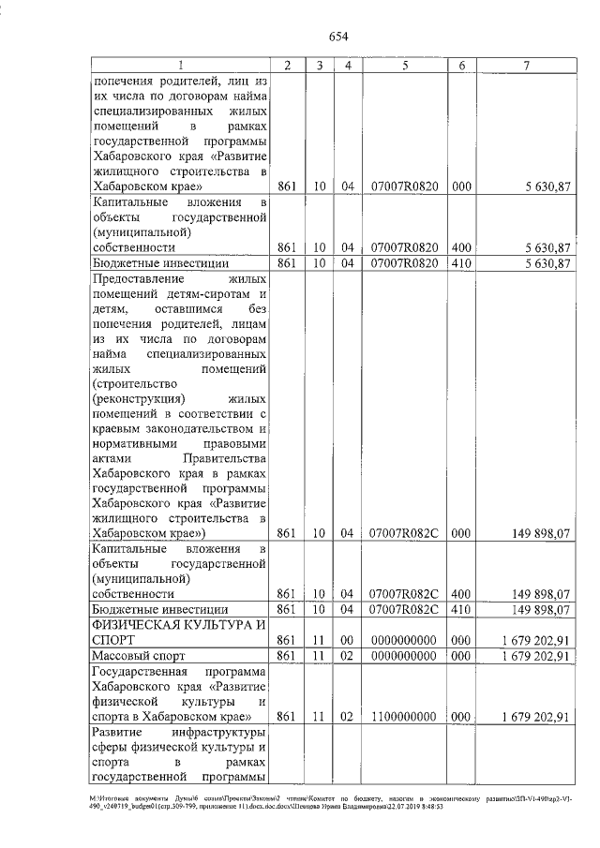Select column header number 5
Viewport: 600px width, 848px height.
click(x=403, y=66)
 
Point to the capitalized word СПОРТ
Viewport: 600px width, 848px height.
click(x=114, y=640)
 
